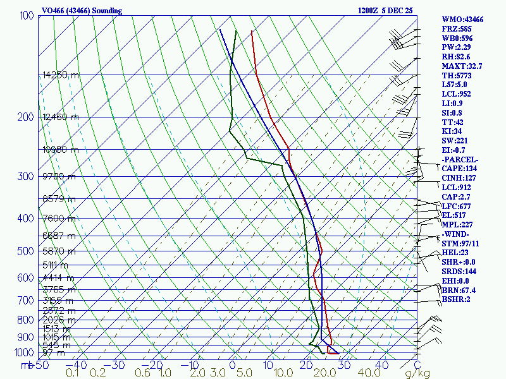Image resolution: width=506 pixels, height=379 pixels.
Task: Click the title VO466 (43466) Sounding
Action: [82, 11]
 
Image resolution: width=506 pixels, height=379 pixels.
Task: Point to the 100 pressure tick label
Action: [27, 16]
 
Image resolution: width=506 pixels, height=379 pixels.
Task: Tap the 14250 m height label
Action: [61, 75]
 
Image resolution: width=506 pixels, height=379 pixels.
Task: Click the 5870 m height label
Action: [58, 251]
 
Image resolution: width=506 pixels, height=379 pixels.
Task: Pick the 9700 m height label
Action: [58, 177]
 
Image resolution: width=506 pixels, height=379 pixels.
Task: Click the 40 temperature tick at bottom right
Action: [381, 365]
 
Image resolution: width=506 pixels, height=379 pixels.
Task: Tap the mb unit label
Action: [27, 365]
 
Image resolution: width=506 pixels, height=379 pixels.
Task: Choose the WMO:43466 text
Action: [462, 20]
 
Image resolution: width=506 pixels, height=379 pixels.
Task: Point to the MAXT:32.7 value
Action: [462, 66]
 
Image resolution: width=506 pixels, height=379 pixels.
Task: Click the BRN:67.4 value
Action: [459, 290]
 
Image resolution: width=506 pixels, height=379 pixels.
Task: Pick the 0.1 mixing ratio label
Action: [73, 373]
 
